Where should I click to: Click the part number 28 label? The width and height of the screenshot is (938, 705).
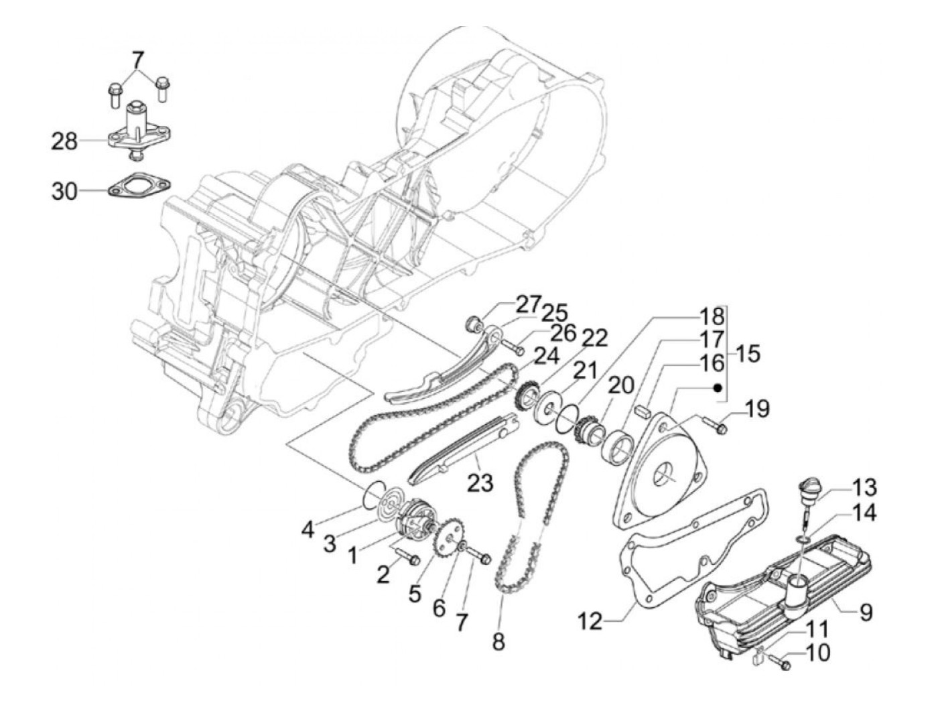tap(65, 141)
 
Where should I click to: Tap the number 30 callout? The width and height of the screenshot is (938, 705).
tap(65, 192)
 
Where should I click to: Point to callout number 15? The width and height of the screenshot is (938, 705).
tap(747, 353)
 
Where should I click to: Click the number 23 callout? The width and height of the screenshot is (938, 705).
tap(480, 483)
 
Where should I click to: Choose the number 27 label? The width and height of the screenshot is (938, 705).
tap(528, 304)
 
